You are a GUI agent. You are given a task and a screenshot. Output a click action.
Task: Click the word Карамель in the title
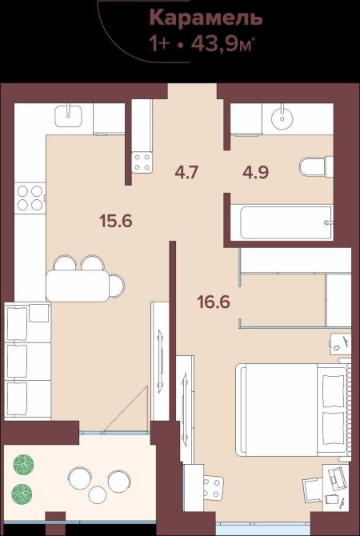(206, 18)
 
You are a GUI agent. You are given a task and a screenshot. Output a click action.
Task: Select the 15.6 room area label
(116, 221)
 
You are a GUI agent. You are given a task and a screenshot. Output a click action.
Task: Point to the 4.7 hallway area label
(186, 172)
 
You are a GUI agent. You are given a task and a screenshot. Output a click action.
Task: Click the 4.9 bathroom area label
(255, 172)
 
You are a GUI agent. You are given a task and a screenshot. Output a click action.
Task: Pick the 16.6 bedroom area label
(214, 302)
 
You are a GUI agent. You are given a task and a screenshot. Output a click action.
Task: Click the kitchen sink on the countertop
(68, 116)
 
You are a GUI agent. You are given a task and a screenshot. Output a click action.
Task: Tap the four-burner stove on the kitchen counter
(30, 198)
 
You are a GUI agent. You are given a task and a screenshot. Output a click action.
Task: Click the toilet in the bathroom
(316, 167)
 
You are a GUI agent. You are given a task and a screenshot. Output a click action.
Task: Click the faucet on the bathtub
(329, 222)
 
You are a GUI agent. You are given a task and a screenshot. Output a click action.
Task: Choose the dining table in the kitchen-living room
(78, 286)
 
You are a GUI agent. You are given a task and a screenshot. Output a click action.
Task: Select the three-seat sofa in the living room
(27, 361)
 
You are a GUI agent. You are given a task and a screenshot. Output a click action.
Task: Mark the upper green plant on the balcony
(23, 465)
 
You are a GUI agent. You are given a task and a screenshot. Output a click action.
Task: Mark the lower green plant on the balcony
(22, 494)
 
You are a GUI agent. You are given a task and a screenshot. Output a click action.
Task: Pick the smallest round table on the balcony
(98, 495)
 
